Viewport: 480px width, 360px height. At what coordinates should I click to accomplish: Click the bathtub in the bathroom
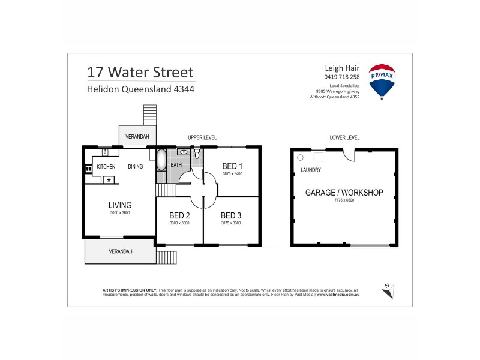click(161, 161)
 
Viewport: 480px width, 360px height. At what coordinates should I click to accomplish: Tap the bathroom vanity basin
click(184, 152)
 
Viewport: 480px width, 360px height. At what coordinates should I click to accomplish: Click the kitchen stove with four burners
click(88, 169)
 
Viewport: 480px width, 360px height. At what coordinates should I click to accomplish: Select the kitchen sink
click(104, 152)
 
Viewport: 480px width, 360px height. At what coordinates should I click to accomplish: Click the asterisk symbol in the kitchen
click(109, 179)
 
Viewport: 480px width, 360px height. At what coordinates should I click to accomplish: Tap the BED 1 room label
click(232, 166)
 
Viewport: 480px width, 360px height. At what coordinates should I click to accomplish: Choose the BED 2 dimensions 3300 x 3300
click(179, 223)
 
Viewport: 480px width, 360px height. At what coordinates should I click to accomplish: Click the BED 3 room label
click(231, 215)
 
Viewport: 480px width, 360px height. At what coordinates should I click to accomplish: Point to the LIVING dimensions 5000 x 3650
click(119, 213)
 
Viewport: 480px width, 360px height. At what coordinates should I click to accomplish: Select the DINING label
click(135, 167)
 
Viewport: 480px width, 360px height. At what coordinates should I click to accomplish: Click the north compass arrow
click(387, 291)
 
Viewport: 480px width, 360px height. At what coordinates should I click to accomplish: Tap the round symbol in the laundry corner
click(301, 157)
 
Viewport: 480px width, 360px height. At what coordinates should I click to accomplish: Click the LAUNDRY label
click(311, 170)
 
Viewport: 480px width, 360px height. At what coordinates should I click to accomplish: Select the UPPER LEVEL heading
click(202, 137)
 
